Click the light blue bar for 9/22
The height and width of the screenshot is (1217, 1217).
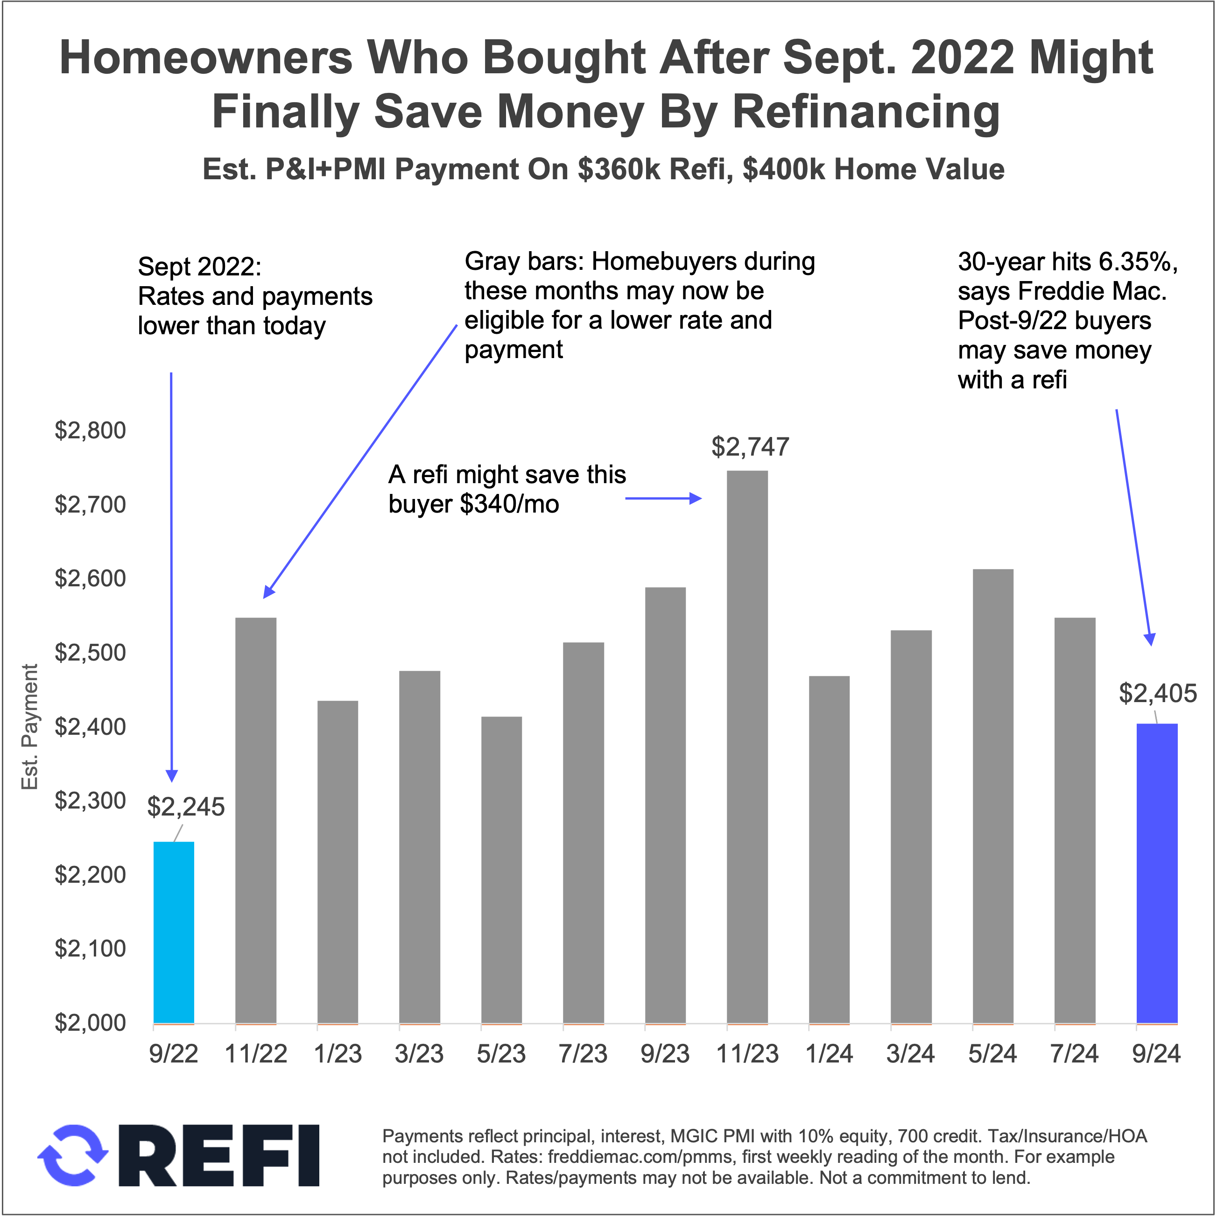174,932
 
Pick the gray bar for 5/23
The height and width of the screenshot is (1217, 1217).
501,869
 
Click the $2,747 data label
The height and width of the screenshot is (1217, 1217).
750,447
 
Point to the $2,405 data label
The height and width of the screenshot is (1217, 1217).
1158,694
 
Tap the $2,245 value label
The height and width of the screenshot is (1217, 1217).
186,807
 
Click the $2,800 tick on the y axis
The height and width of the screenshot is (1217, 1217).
90,431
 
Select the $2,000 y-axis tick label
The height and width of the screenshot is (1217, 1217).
90,1023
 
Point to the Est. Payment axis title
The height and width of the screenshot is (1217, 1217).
29,727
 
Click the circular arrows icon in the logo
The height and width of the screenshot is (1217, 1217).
72,1155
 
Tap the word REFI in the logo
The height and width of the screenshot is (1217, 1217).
227,1156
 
